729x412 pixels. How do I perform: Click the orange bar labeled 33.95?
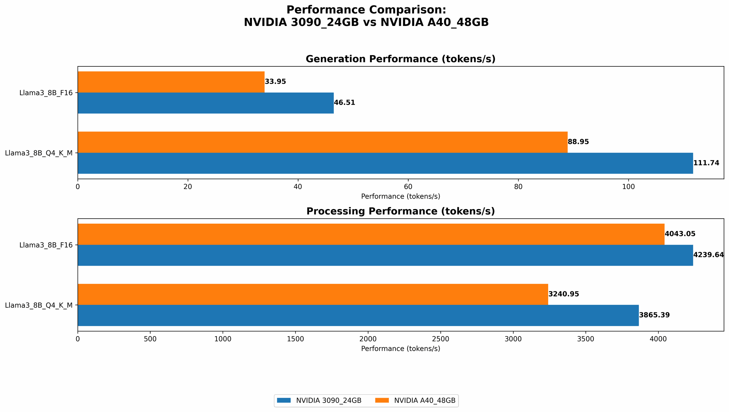[171, 82]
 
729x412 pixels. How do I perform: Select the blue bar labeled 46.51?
[206, 103]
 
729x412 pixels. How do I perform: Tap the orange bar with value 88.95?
[323, 142]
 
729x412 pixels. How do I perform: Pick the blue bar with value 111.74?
[385, 163]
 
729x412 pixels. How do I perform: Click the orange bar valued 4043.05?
[371, 234]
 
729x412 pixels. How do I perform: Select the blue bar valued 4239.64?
[385, 255]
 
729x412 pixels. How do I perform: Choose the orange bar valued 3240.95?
[313, 294]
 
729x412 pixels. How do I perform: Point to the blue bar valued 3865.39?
[358, 315]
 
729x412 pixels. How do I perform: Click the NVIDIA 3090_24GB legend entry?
[319, 400]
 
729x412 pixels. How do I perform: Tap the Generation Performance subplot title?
[401, 59]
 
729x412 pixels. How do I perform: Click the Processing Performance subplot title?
[401, 211]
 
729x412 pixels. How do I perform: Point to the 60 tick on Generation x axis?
[408, 187]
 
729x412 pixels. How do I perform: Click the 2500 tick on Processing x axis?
[441, 339]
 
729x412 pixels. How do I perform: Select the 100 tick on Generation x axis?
[628, 187]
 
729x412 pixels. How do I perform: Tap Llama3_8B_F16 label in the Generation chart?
[46, 93]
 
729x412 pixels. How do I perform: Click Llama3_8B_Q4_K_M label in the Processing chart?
[39, 305]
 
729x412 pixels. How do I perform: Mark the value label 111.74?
[706, 163]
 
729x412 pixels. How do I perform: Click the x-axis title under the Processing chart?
[401, 349]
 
